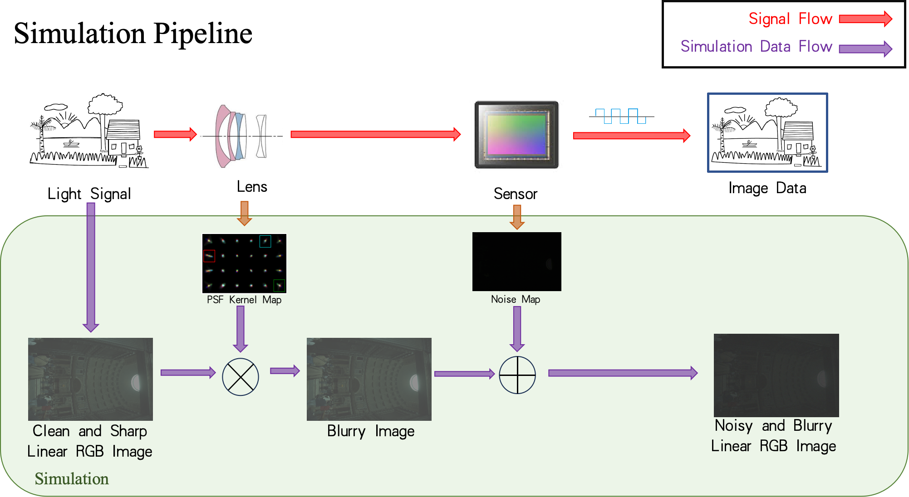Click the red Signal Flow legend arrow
click(865, 19)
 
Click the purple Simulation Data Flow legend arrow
click(865, 49)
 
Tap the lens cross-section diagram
click(240, 136)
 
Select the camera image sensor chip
click(516, 134)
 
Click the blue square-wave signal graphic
click(620, 116)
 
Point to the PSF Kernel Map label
click(244, 300)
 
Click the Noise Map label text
click(515, 299)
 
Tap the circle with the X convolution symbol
click(240, 377)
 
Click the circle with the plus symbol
click(517, 375)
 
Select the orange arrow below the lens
click(245, 213)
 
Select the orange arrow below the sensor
click(517, 216)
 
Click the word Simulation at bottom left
click(72, 479)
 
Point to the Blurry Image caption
click(370, 431)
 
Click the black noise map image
click(516, 262)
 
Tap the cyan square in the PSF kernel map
click(265, 241)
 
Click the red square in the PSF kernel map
click(209, 256)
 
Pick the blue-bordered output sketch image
click(767, 133)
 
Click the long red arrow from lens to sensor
click(375, 134)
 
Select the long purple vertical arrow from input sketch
click(91, 268)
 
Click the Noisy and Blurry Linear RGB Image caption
click(773, 436)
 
